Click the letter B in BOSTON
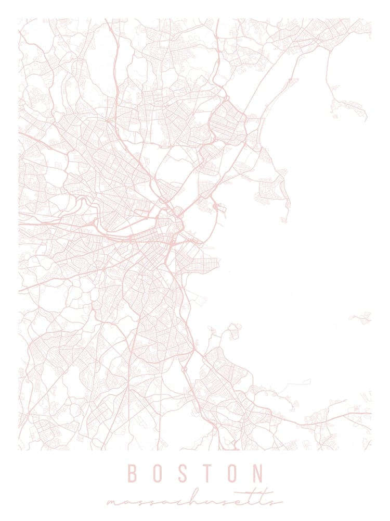(x=132, y=474)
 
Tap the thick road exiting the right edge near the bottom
(x=359, y=414)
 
